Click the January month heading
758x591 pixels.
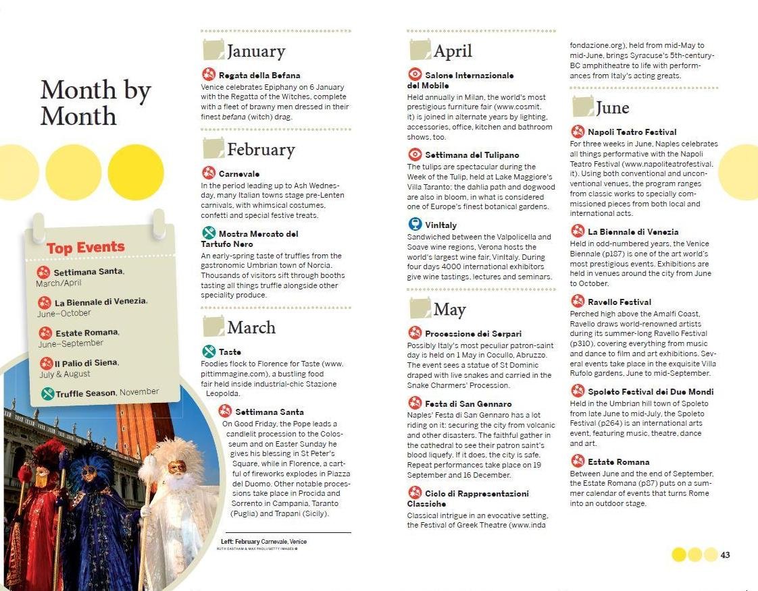[x=255, y=51]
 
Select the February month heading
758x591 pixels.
[x=261, y=149]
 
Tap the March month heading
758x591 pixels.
[x=251, y=327]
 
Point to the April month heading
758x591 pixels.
[x=453, y=51]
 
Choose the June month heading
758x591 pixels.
[x=612, y=108]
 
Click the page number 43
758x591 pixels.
[x=726, y=555]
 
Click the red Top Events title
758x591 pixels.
[x=86, y=248]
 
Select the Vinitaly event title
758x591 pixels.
[x=441, y=225]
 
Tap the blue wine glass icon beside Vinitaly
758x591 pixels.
[x=415, y=224]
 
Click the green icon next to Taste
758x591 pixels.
[x=209, y=351]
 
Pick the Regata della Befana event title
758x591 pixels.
[x=259, y=76]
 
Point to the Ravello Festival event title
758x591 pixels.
[x=620, y=302]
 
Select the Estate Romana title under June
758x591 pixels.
[x=618, y=462]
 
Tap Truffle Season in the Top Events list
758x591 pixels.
[x=85, y=393]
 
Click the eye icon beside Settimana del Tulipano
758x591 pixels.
[x=415, y=154]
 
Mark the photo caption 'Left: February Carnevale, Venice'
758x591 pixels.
[x=263, y=542]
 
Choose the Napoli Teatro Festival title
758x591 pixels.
[x=632, y=132]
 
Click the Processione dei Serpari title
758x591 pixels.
[x=473, y=334]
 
